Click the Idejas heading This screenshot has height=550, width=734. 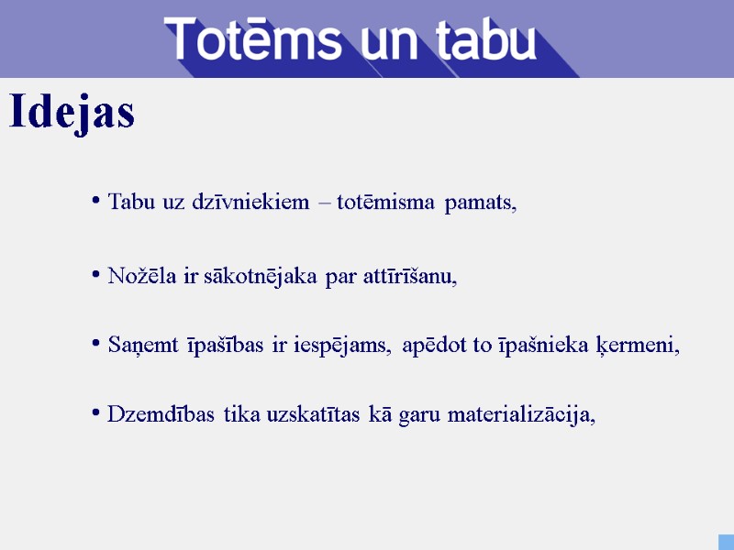pos(72,113)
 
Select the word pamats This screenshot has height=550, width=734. pos(480,203)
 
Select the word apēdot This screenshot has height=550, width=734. pos(435,346)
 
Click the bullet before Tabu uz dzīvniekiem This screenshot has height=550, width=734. pos(96,201)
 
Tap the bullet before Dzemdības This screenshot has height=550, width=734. pos(96,413)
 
